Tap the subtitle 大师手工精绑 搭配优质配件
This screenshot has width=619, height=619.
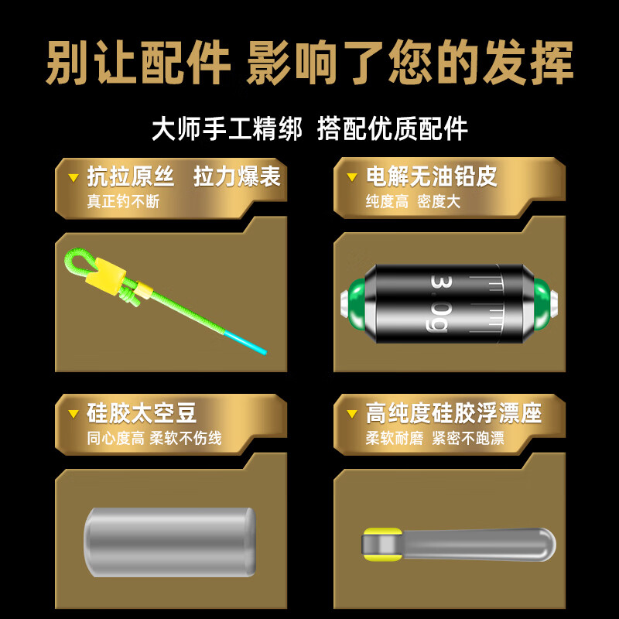tap(309, 128)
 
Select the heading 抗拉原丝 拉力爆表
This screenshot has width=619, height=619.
tap(183, 177)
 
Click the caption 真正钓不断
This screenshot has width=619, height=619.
tap(123, 201)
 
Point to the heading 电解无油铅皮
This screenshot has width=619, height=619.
tap(431, 177)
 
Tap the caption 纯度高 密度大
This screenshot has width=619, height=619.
tap(412, 201)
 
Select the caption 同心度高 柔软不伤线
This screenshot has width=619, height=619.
tap(154, 438)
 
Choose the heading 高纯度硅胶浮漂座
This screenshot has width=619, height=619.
tap(453, 413)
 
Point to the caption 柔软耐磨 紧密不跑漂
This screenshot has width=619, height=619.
tap(435, 438)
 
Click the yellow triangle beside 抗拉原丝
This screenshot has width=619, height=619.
tap(74, 178)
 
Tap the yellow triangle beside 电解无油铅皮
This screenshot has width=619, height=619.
tap(352, 178)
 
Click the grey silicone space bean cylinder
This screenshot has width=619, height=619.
tap(169, 541)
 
